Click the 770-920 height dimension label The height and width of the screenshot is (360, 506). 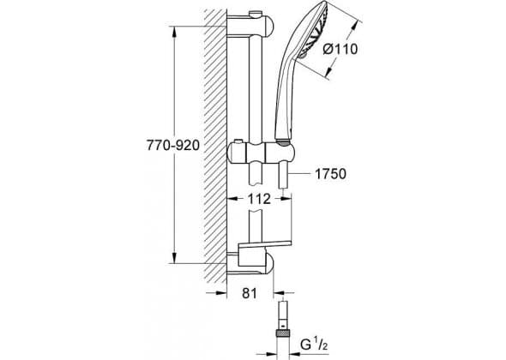[173, 146]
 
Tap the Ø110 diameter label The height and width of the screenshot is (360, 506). [340, 50]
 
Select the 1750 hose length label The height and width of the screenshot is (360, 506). [330, 174]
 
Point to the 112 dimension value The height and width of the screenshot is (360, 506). [259, 199]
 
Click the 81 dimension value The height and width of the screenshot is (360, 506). [250, 293]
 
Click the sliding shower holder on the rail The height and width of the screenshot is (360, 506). [261, 154]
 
